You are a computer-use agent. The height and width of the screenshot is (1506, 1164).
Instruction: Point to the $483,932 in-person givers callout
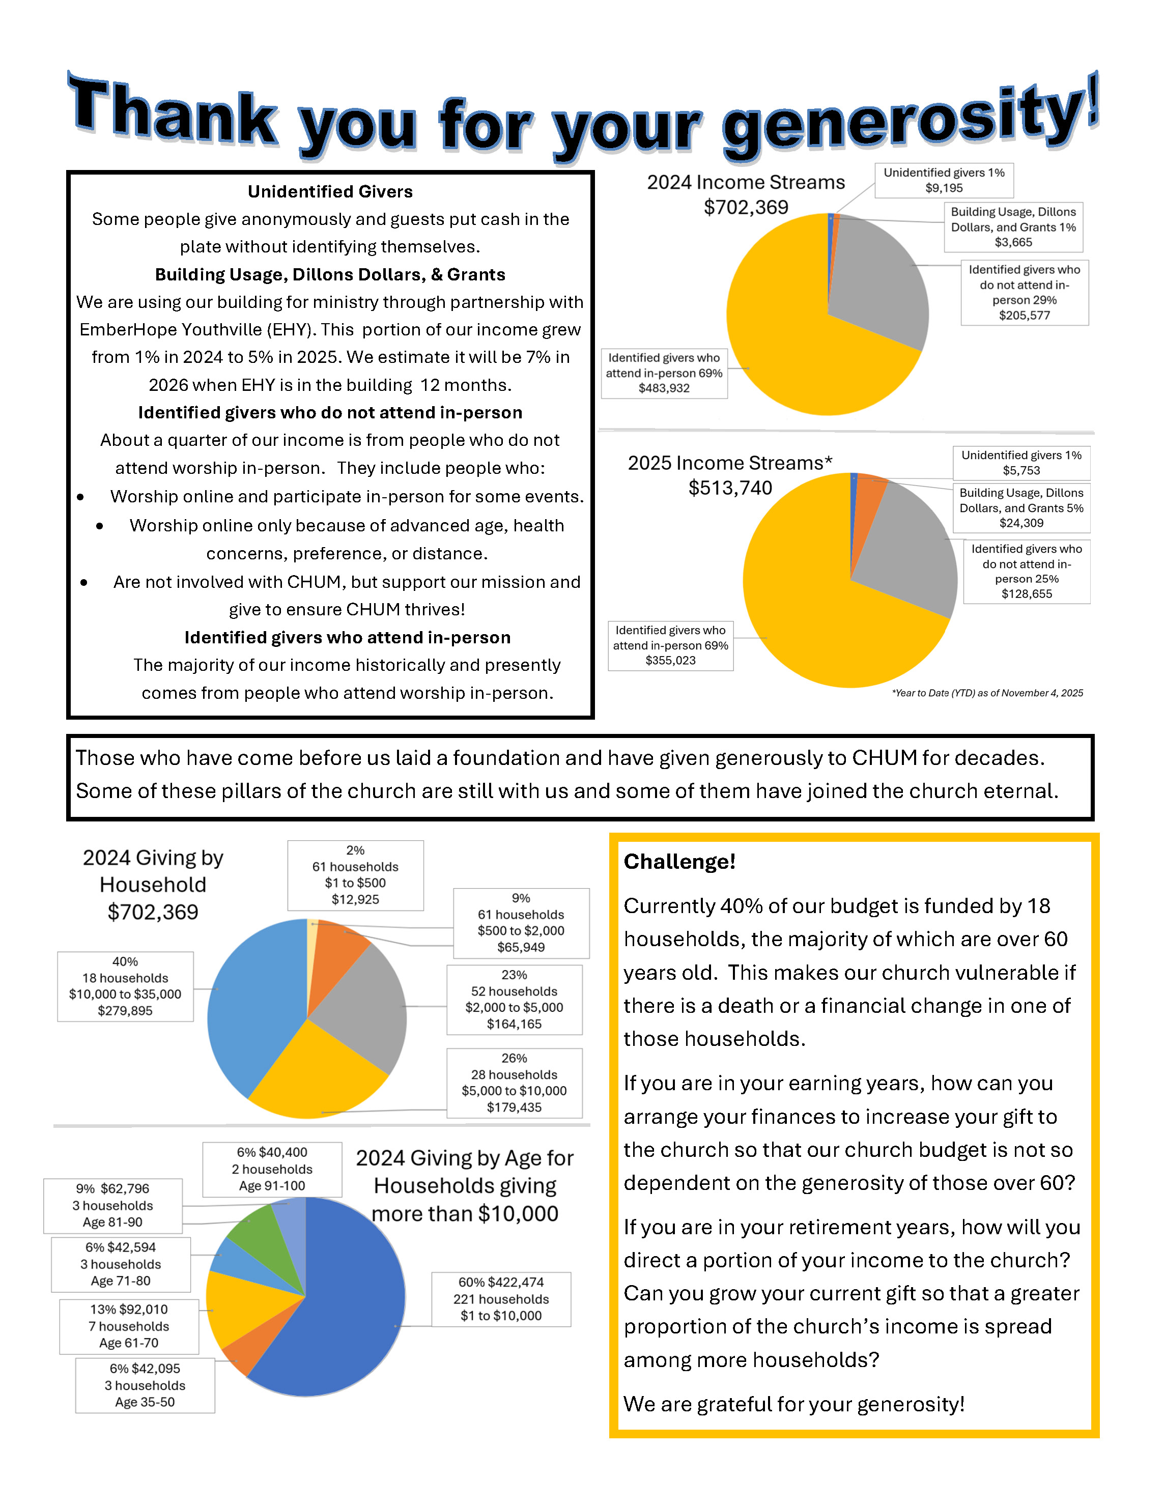point(664,373)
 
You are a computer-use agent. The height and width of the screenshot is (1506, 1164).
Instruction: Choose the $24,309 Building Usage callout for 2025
point(1021,508)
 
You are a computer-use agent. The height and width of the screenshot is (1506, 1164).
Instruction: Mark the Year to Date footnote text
point(987,693)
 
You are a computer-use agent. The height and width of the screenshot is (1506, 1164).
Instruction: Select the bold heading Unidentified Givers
point(330,192)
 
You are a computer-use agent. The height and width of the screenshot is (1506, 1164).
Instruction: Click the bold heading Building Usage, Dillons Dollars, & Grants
point(330,274)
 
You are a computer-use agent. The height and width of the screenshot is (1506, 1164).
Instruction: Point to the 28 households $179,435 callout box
point(515,1083)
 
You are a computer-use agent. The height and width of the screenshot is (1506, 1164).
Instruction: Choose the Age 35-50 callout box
point(145,1385)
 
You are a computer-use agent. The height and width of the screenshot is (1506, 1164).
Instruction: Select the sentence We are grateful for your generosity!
point(793,1404)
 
